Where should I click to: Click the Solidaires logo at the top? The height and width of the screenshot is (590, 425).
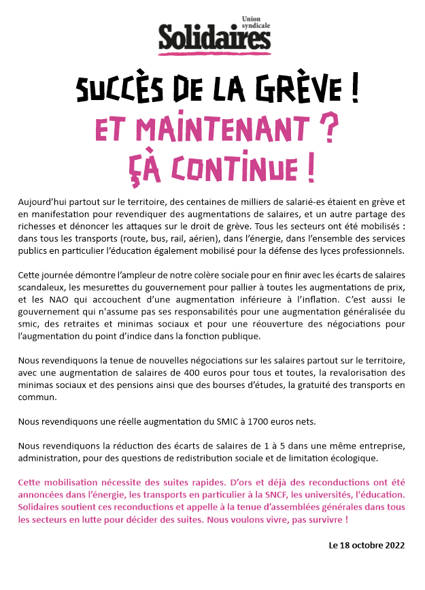(x=214, y=37)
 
